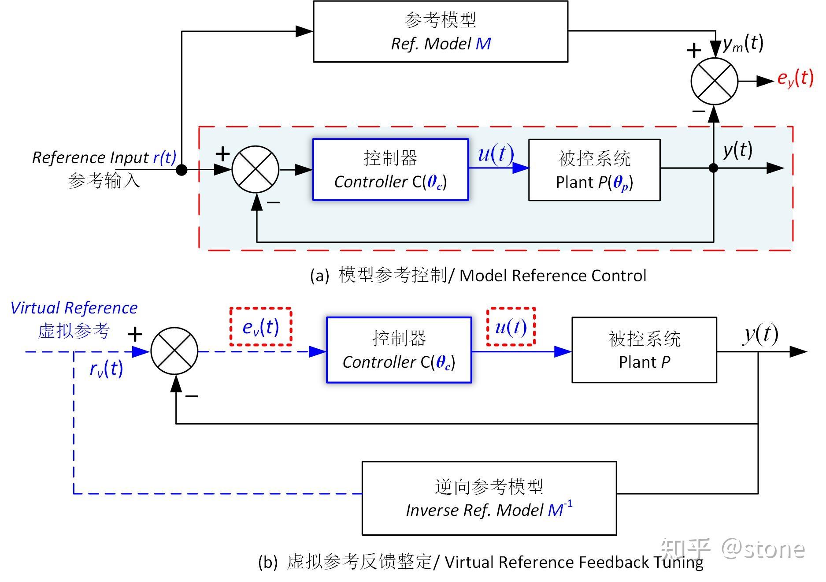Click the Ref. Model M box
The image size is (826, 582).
[x=441, y=32]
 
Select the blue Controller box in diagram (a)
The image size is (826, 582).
[x=390, y=170]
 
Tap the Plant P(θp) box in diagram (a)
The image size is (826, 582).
[x=594, y=170]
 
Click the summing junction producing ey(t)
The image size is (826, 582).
[x=714, y=82]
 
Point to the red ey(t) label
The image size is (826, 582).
[x=795, y=78]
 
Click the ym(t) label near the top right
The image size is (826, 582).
[x=743, y=44]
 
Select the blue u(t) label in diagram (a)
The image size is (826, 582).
[x=496, y=154]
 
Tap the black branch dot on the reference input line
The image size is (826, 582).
[x=181, y=170]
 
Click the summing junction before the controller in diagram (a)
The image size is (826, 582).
[x=256, y=170]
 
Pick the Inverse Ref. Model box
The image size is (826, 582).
[x=489, y=498]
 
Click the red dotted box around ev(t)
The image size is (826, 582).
[x=261, y=327]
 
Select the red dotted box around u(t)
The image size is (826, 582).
[x=511, y=327]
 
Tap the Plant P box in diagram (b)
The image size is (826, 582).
[x=644, y=350]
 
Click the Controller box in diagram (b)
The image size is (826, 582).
[x=399, y=350]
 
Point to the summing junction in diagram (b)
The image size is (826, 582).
[x=174, y=351]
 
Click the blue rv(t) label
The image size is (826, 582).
[x=106, y=369]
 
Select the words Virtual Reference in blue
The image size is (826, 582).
[x=74, y=308]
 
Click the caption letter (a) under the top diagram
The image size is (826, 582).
[x=319, y=276]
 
